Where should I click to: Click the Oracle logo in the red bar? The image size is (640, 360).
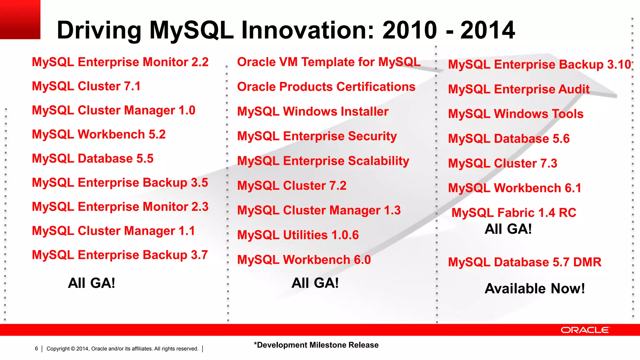tap(585, 330)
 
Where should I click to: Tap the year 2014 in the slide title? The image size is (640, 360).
tap(487, 30)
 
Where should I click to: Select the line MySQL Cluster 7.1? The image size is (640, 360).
tap(86, 86)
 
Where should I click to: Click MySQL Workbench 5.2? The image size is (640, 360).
tap(99, 134)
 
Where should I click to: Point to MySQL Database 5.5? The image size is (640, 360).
tap(92, 158)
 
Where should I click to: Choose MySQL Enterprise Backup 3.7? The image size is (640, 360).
tap(120, 255)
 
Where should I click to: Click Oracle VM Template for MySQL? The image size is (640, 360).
tap(329, 62)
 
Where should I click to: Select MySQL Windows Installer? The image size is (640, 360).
tap(312, 112)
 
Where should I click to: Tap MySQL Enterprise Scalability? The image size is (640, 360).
tap(323, 161)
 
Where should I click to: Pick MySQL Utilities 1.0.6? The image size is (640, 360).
tap(298, 235)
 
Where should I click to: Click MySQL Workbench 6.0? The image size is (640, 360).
tap(304, 260)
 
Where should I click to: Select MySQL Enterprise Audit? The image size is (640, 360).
tap(518, 89)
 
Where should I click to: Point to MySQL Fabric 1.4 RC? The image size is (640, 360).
tap(514, 213)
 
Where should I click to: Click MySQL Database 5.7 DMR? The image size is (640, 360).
tap(524, 262)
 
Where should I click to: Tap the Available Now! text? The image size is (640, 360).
tap(534, 288)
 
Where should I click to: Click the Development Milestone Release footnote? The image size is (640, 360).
tap(316, 345)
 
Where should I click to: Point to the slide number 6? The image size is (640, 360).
tap(36, 348)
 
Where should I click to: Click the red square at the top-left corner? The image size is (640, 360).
tap(20, 19)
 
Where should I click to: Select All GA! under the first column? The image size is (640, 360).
tap(92, 283)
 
